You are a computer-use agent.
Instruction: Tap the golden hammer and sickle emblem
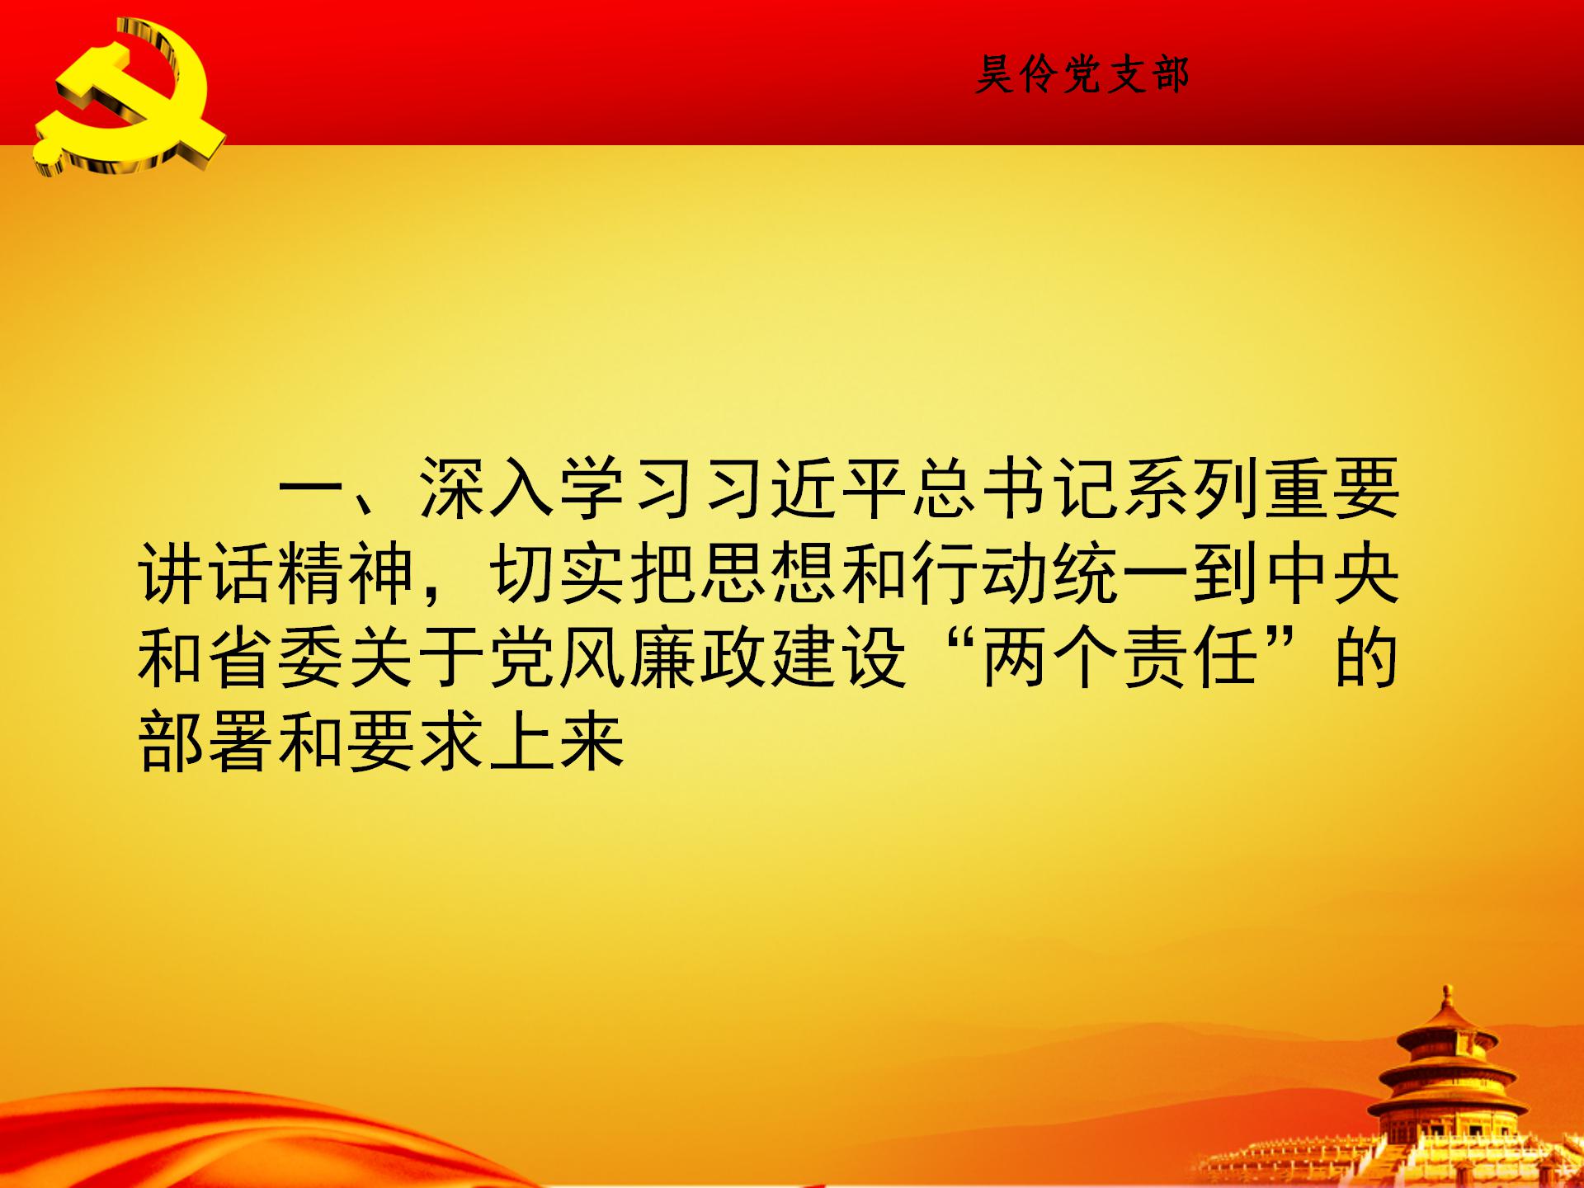(128, 97)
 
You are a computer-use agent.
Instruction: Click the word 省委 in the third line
(276, 659)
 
